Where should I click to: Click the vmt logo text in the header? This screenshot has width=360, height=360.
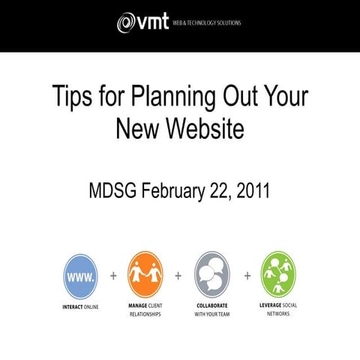click(153, 23)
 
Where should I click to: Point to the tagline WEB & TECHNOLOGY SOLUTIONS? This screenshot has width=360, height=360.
click(207, 23)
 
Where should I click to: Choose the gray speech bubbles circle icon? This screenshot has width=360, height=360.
click(212, 275)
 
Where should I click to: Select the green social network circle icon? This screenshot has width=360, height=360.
click(278, 275)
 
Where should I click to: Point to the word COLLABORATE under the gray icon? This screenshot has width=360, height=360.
click(212, 307)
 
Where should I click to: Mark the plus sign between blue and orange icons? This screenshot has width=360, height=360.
click(113, 275)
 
